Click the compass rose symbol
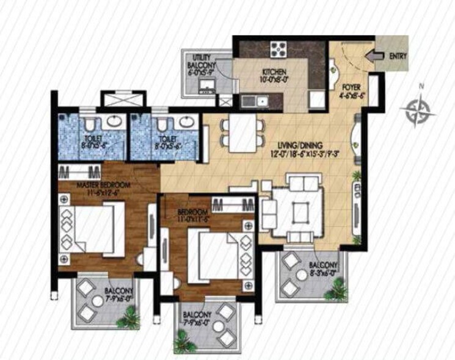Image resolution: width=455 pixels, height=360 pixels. point(418,110)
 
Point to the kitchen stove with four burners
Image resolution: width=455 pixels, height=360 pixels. point(278,48)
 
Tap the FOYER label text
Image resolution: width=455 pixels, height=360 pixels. point(352,86)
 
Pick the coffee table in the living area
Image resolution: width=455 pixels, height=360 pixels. point(300,211)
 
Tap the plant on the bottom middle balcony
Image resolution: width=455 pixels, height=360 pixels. point(183,339)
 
